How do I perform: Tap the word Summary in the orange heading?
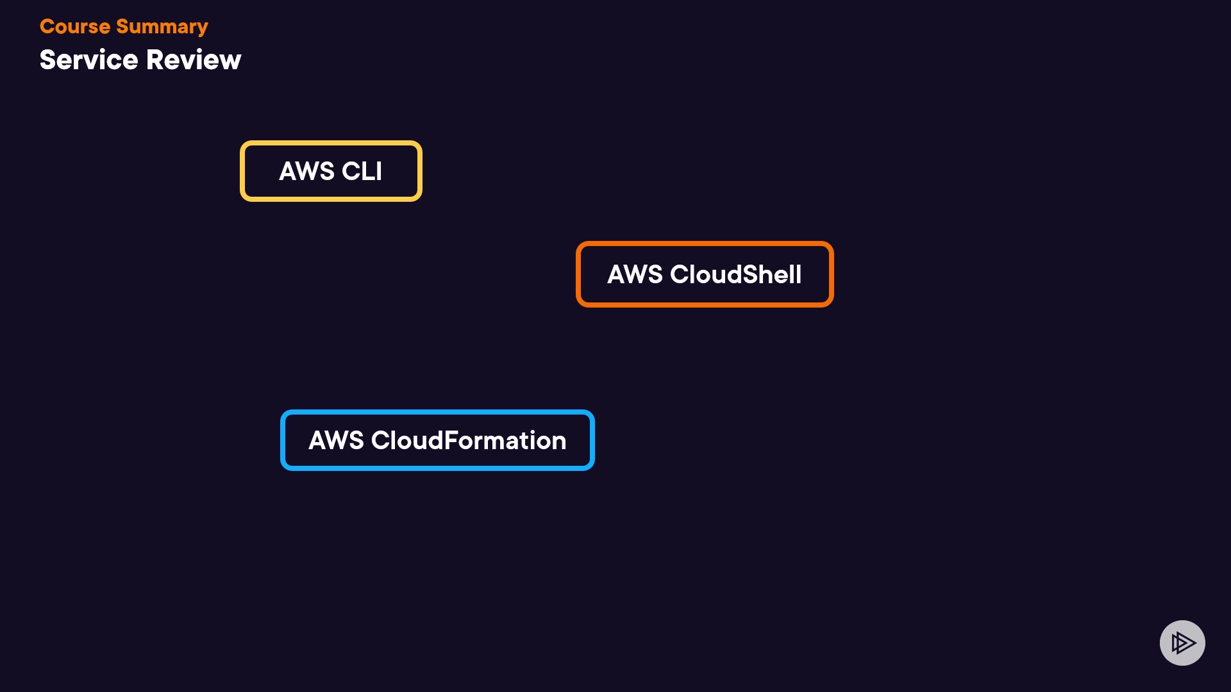click(162, 27)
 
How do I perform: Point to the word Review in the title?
click(194, 60)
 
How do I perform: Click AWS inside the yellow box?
click(306, 171)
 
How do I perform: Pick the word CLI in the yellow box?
click(362, 171)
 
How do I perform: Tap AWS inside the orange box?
click(635, 274)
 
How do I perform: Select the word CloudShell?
click(735, 274)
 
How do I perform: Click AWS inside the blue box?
click(336, 440)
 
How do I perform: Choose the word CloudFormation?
click(469, 440)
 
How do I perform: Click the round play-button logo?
click(1182, 643)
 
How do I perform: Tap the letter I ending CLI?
click(380, 171)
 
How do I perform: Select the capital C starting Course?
click(47, 27)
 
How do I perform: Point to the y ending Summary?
click(202, 28)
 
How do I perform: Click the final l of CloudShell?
click(799, 274)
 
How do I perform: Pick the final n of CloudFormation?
click(559, 441)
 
